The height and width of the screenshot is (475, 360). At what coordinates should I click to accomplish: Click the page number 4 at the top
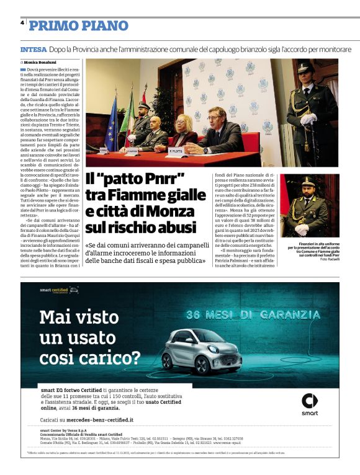[22, 22]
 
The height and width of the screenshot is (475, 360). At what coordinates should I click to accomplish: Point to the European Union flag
[112, 123]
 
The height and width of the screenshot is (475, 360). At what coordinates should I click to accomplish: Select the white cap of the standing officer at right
[304, 66]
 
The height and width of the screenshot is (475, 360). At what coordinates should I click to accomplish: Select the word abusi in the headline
[176, 228]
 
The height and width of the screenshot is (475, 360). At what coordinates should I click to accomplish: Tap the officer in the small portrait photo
[307, 208]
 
